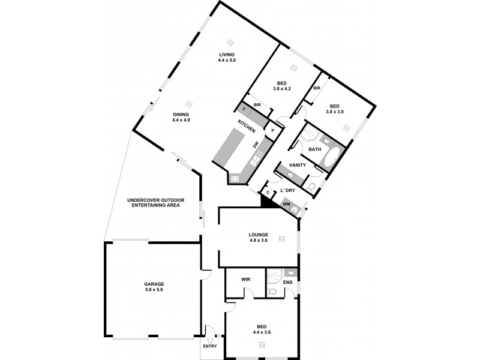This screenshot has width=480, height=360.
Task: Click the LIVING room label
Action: pos(227,57)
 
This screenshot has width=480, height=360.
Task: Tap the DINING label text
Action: pos(181,117)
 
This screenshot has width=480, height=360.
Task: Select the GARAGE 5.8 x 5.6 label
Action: pos(154,286)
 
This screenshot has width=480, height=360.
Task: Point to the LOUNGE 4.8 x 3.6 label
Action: pos(258,237)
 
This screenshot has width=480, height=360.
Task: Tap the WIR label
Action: pos(245,280)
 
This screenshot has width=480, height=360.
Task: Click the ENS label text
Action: pos(287,282)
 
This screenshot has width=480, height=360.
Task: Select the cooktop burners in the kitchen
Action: pos(235,178)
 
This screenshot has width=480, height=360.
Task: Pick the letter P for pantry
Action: pos(272,131)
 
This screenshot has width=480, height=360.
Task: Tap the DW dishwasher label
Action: pos(255,145)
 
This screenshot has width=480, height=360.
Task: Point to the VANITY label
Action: pos(298,165)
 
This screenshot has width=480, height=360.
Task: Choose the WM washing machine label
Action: pos(286,205)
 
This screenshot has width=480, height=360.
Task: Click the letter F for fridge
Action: pos(244,109)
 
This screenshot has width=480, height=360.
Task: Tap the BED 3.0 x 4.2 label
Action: pos(282,85)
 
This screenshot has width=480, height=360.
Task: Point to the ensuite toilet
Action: pos(272,292)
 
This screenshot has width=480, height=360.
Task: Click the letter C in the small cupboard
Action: pos(268,192)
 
